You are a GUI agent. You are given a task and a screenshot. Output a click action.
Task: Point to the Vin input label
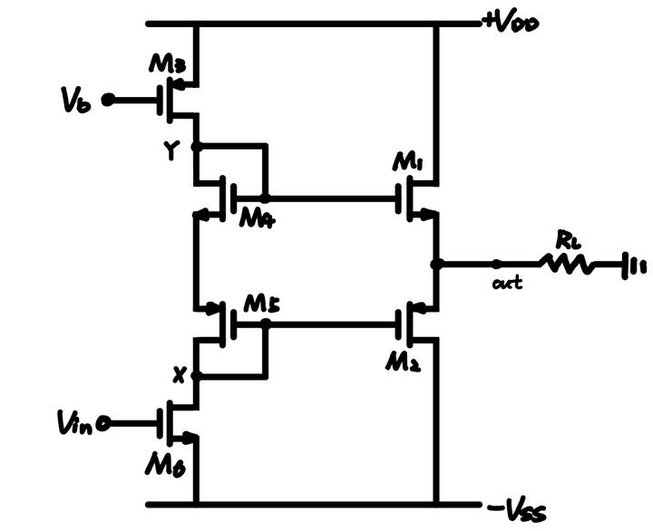[73, 421]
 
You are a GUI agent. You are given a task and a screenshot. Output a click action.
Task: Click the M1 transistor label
[410, 163]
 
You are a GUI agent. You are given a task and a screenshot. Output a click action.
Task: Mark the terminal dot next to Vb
[108, 100]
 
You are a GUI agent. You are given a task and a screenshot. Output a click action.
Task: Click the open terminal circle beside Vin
[107, 421]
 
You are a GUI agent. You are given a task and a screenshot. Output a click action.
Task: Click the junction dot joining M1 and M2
[436, 265]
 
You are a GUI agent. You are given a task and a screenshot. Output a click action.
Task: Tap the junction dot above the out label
[496, 265]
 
